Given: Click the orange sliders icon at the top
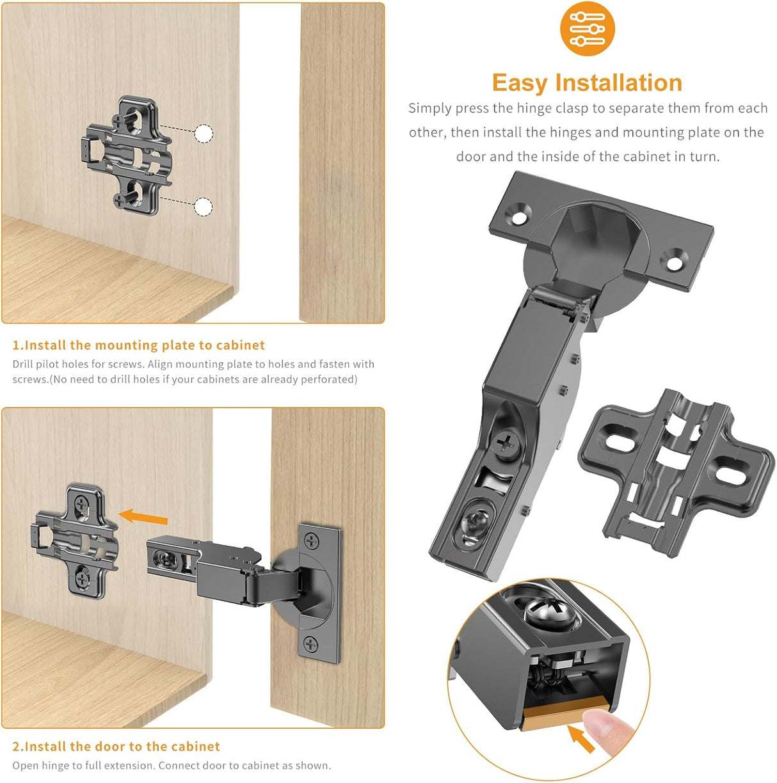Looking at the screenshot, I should [587, 28].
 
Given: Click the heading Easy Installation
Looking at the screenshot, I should [587, 83].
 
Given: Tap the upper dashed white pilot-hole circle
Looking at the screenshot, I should [204, 134].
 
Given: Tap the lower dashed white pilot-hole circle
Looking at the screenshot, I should [203, 207].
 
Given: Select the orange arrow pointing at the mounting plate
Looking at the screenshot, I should [143, 516].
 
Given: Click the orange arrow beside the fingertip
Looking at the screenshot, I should [581, 739].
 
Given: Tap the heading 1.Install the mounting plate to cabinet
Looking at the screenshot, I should [138, 345].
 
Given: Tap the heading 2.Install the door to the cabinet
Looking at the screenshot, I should [116, 747].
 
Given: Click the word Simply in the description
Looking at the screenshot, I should [430, 108].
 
